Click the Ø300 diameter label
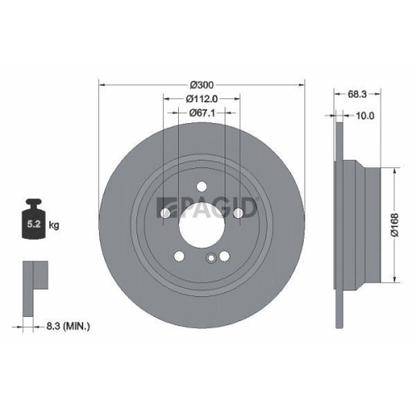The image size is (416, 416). pos(202,85)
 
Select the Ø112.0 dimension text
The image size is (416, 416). pos(202,98)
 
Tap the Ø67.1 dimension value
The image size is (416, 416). pos(202,112)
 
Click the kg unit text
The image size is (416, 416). pos(53,225)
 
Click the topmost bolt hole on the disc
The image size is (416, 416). pos(202,186)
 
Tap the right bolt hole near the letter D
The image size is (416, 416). pos(240,214)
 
